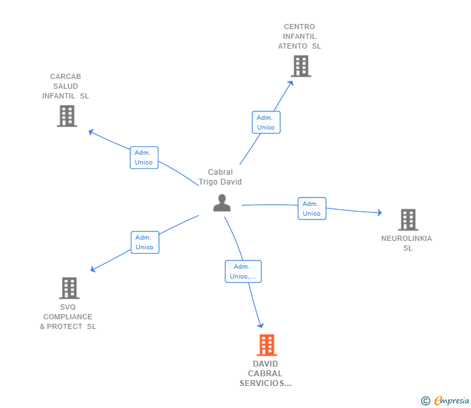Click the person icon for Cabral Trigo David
pos(222,203)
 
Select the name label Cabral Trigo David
pos(220,177)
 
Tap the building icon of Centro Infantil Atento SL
pos(300,66)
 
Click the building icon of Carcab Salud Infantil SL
pos(67,116)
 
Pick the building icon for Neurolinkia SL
pos(408,220)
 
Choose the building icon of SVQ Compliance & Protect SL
pos(69,288)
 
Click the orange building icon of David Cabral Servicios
pos(267,345)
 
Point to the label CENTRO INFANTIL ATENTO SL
pos(299,37)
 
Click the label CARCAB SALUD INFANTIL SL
pos(65,86)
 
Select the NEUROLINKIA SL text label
pos(406,243)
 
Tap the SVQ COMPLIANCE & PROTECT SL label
pos(68,317)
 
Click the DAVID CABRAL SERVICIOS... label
pos(265,374)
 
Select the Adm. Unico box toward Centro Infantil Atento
pos(266,122)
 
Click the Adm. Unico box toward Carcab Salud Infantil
pos(144,157)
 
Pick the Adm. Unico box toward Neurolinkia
pos(312,209)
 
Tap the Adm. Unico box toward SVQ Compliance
pos(145,242)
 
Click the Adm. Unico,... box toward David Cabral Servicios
pos(243,271)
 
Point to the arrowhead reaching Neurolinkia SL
pos(379,212)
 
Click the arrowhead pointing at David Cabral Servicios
pos(261,325)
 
